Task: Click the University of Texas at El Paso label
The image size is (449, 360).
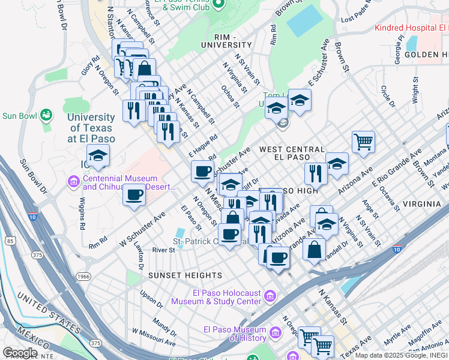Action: click(x=91, y=127)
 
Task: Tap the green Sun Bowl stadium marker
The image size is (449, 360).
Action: click(x=46, y=115)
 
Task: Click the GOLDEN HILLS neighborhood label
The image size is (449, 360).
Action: click(x=426, y=55)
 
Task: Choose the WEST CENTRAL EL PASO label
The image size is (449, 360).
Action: click(x=292, y=153)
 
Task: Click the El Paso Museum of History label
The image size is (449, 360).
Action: click(x=235, y=334)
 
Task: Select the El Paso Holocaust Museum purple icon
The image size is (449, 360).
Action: click(x=270, y=296)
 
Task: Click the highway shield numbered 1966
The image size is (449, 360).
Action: click(x=83, y=277)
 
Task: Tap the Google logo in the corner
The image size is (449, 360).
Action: click(x=20, y=352)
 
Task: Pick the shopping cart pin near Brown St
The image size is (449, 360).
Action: click(x=363, y=142)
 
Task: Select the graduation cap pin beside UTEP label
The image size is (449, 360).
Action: click(x=98, y=157)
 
